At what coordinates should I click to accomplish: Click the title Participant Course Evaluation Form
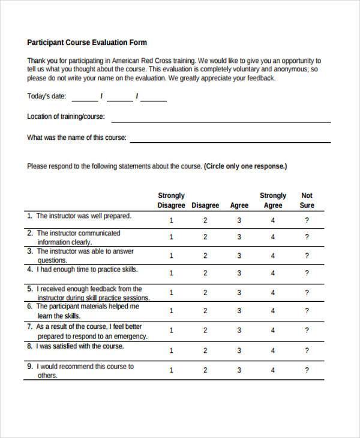coord(87,43)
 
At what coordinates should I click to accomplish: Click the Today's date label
coord(47,96)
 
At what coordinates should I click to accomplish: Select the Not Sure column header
coord(307,200)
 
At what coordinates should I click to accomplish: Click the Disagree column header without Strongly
coord(205,205)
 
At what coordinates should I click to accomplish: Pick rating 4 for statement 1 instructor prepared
coord(273,220)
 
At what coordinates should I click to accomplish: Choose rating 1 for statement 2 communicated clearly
coord(171,237)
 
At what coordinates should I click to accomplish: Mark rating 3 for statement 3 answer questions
coord(239,256)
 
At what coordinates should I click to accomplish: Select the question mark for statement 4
coord(307,273)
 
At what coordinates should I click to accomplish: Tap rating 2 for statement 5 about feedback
coord(205,293)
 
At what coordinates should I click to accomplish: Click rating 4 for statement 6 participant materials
coord(273,311)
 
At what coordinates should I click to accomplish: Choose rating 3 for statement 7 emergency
coord(239,330)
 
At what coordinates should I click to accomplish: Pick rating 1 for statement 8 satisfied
coord(171,350)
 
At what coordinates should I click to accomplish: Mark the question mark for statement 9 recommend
coord(307,370)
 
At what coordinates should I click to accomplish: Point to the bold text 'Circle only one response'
coord(245,166)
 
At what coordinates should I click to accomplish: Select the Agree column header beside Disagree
coord(239,205)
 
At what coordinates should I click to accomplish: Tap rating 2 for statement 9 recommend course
coord(205,370)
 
